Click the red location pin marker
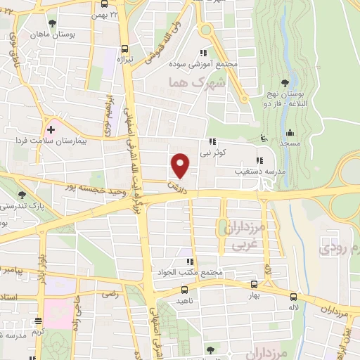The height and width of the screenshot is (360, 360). point(181,165)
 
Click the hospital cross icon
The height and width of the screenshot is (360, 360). point(51,130)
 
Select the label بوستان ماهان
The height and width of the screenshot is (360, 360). point(49,34)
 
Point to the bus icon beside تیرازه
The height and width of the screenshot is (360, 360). point(124,49)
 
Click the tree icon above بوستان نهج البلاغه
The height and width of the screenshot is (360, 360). point(285,84)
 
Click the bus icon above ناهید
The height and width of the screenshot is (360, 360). point(184,289)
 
